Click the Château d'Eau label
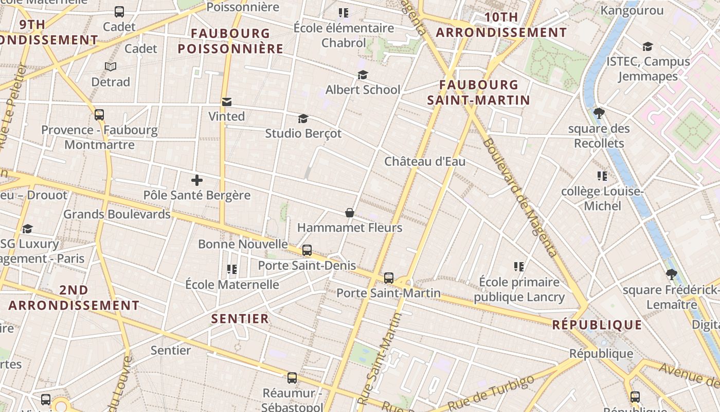(x=425, y=162)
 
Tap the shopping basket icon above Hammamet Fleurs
(x=350, y=213)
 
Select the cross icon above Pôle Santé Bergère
(x=196, y=180)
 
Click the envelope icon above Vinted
(x=226, y=102)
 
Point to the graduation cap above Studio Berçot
(x=303, y=119)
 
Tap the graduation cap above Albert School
(x=363, y=75)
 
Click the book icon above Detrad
(x=111, y=66)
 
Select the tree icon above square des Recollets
(x=599, y=113)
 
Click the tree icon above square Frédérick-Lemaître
(x=671, y=274)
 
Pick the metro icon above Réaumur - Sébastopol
(x=292, y=378)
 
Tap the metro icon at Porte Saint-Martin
(x=389, y=278)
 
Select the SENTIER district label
(x=240, y=319)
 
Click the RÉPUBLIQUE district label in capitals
(x=597, y=325)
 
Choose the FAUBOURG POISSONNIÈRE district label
(x=230, y=41)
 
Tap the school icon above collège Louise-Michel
(x=602, y=176)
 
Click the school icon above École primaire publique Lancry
(x=519, y=267)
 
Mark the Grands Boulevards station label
(x=117, y=214)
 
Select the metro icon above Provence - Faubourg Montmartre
(x=99, y=115)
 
